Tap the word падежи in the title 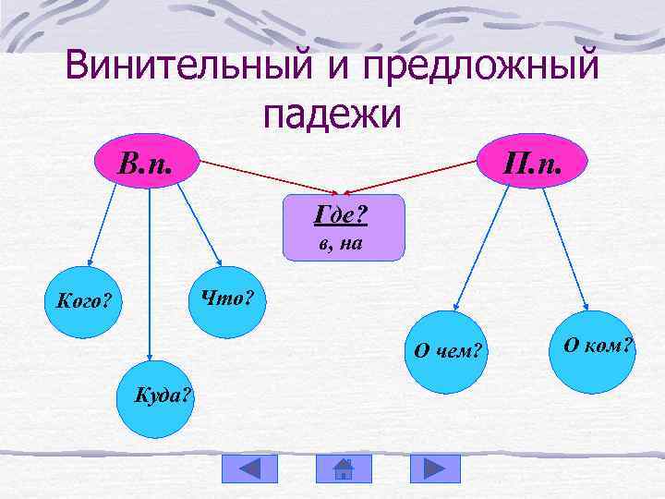click(x=332, y=115)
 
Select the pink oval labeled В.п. click(x=147, y=163)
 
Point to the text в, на click(x=342, y=245)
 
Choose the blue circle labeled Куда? click(x=157, y=397)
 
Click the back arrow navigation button click(x=248, y=469)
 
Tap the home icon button click(x=343, y=469)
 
